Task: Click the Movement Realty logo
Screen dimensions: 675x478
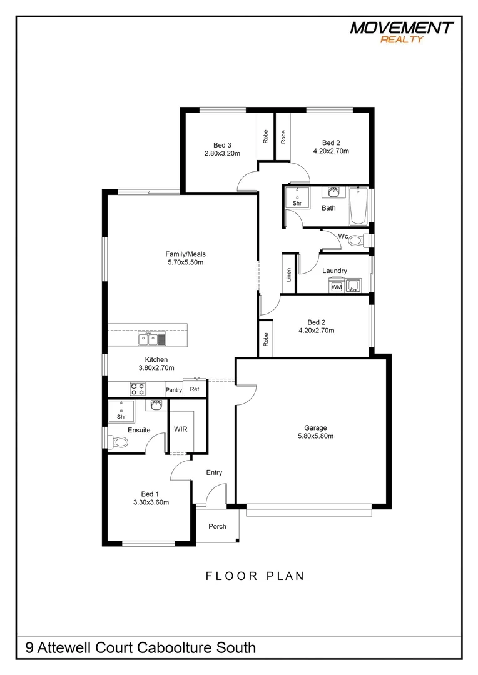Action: pyautogui.click(x=402, y=31)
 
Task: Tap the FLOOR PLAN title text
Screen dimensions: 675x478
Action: pyautogui.click(x=255, y=576)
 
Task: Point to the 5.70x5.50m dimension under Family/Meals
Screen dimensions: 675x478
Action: pyautogui.click(x=185, y=262)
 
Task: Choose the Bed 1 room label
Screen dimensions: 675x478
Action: pyautogui.click(x=151, y=493)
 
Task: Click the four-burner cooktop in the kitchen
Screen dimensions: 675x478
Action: pyautogui.click(x=137, y=389)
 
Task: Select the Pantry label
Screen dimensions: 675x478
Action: pyautogui.click(x=173, y=390)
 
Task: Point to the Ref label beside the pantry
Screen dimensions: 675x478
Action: pyautogui.click(x=194, y=389)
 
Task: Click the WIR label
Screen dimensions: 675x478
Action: pyautogui.click(x=181, y=429)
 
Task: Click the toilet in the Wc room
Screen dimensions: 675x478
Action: pyautogui.click(x=356, y=240)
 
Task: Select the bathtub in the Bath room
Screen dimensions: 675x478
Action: pyautogui.click(x=358, y=205)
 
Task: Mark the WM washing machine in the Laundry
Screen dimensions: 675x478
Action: pyautogui.click(x=336, y=287)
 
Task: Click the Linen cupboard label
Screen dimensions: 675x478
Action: pyautogui.click(x=289, y=275)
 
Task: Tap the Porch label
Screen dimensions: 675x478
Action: pyautogui.click(x=217, y=526)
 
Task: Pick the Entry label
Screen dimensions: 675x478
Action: pyautogui.click(x=214, y=472)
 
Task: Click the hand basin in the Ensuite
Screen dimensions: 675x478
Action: pyautogui.click(x=156, y=406)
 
